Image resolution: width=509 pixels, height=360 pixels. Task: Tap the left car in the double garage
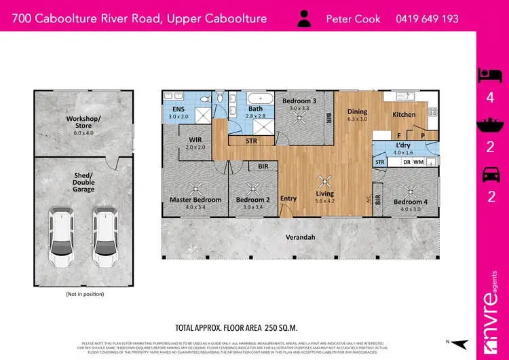[x=61, y=238]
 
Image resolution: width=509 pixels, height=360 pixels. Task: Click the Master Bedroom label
[x=195, y=200]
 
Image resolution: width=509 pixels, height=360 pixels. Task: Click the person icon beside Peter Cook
[x=305, y=18]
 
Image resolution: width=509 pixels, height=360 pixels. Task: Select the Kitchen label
[x=404, y=115]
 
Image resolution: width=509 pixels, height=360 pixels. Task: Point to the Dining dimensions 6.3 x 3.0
[x=357, y=120]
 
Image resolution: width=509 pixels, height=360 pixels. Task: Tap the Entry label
[x=288, y=199]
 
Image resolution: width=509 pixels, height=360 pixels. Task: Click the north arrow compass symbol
[x=460, y=343]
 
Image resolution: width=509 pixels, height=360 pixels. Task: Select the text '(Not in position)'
[x=85, y=294]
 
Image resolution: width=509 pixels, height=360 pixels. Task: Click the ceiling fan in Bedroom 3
[x=299, y=115]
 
